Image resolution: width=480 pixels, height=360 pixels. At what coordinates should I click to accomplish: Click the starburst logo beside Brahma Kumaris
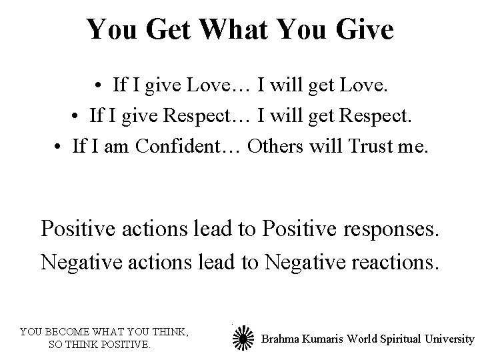coord(243,338)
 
